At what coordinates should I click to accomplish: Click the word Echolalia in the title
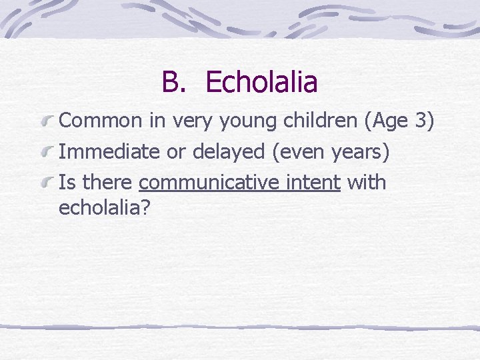262,83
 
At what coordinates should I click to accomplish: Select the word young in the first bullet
237,122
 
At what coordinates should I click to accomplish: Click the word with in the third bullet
367,182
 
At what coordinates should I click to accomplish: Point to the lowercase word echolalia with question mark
105,207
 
